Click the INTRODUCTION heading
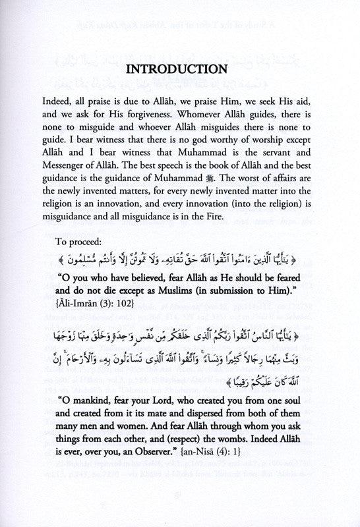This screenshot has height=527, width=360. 179,70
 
